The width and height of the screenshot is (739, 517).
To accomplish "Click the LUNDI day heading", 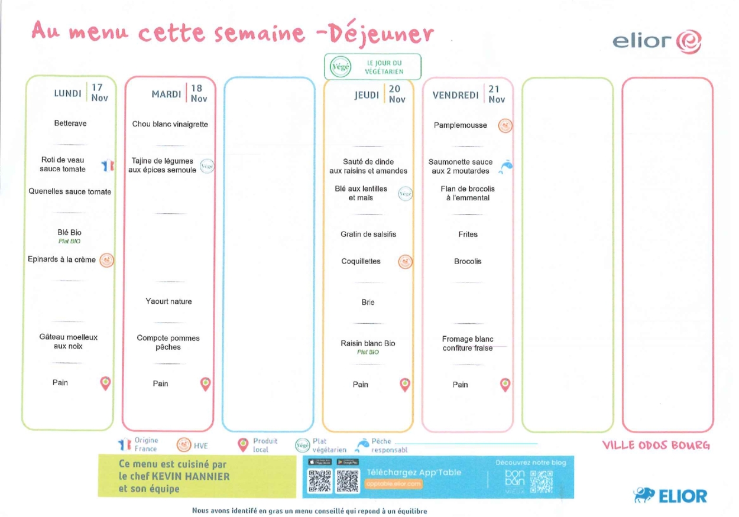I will (x=67, y=93).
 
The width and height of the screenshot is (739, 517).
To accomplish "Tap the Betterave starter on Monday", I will (x=70, y=123).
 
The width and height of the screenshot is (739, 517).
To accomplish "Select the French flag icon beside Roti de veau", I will (x=108, y=165).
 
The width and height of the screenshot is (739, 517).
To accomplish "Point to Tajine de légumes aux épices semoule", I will (x=162, y=165).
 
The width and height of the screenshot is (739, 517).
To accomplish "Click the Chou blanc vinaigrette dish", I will (x=170, y=124).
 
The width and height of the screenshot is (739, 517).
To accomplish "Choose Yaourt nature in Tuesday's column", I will (x=168, y=301).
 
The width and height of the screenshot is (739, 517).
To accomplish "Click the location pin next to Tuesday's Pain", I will (x=205, y=384).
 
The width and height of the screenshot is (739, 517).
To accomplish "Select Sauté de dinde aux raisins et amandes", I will (x=368, y=166).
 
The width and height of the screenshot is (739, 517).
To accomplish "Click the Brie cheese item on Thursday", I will (x=368, y=302).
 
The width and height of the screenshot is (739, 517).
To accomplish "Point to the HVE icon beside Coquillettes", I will (x=405, y=262).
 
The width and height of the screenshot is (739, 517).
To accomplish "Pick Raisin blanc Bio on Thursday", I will (x=368, y=343).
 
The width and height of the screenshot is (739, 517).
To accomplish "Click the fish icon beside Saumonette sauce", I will (x=505, y=167).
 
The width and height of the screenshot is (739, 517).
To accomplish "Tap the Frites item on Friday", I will (x=468, y=235).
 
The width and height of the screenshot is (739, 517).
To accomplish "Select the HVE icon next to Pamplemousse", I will (x=505, y=125).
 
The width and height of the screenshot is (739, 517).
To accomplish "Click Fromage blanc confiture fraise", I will (x=467, y=343).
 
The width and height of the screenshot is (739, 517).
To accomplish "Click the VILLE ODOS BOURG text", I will (x=656, y=445).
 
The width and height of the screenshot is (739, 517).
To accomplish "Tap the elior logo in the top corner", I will (x=656, y=41).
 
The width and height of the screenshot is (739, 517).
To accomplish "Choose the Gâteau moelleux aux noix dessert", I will (x=68, y=342).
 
